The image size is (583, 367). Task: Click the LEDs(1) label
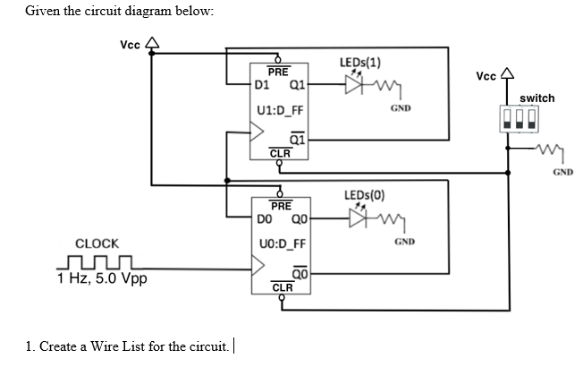coord(361,63)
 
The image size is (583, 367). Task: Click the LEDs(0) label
coord(365,195)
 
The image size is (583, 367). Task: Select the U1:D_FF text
coord(280,111)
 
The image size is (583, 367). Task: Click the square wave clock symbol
coord(95,263)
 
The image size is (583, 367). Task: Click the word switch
coord(537,98)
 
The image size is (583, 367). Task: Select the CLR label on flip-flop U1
coord(280,153)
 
